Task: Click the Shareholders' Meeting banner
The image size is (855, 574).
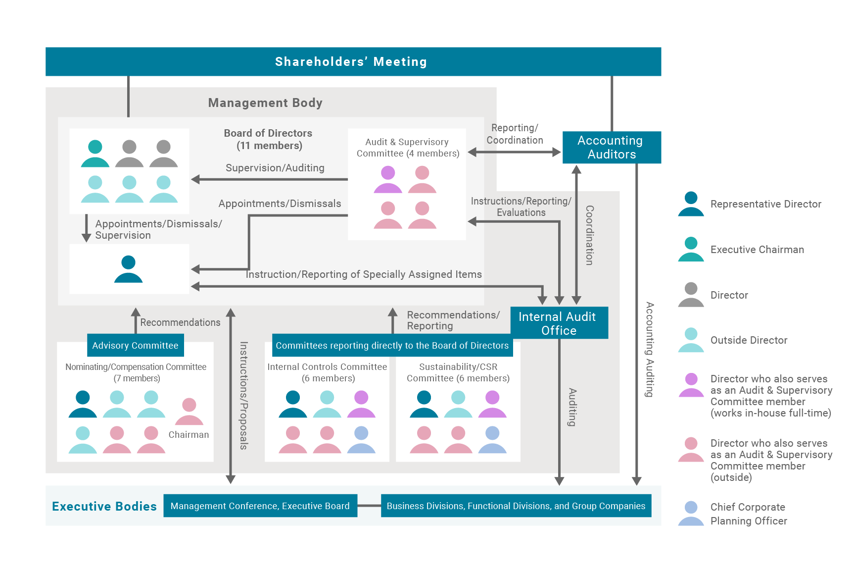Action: [x=353, y=61]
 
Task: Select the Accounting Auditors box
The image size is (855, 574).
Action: [x=612, y=147]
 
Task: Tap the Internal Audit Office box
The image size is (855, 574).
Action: [x=559, y=323]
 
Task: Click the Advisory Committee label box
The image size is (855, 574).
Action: [x=136, y=345]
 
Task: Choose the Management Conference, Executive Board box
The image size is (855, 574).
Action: [x=260, y=506]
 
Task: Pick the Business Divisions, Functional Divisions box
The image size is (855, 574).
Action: [x=516, y=506]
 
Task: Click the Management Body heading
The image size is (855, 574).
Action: [x=265, y=103]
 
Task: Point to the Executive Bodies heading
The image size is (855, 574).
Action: [x=104, y=506]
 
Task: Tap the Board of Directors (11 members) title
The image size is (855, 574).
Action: [x=268, y=139]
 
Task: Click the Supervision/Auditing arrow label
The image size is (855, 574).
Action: [x=275, y=168]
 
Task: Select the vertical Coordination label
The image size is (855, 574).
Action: [x=589, y=235]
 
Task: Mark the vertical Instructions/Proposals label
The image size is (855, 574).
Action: [x=243, y=395]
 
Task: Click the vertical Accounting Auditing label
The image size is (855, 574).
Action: [x=650, y=350]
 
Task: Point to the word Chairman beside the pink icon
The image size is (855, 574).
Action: [x=189, y=434]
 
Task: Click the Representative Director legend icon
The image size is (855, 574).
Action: [x=691, y=204]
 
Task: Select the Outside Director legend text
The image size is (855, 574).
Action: [x=749, y=340]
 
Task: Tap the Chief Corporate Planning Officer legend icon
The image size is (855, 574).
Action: [x=691, y=514]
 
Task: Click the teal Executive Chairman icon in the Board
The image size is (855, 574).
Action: [x=95, y=154]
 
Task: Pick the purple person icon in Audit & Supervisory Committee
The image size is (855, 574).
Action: [x=388, y=179]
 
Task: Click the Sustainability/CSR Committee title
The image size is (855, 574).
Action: [x=458, y=372]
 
